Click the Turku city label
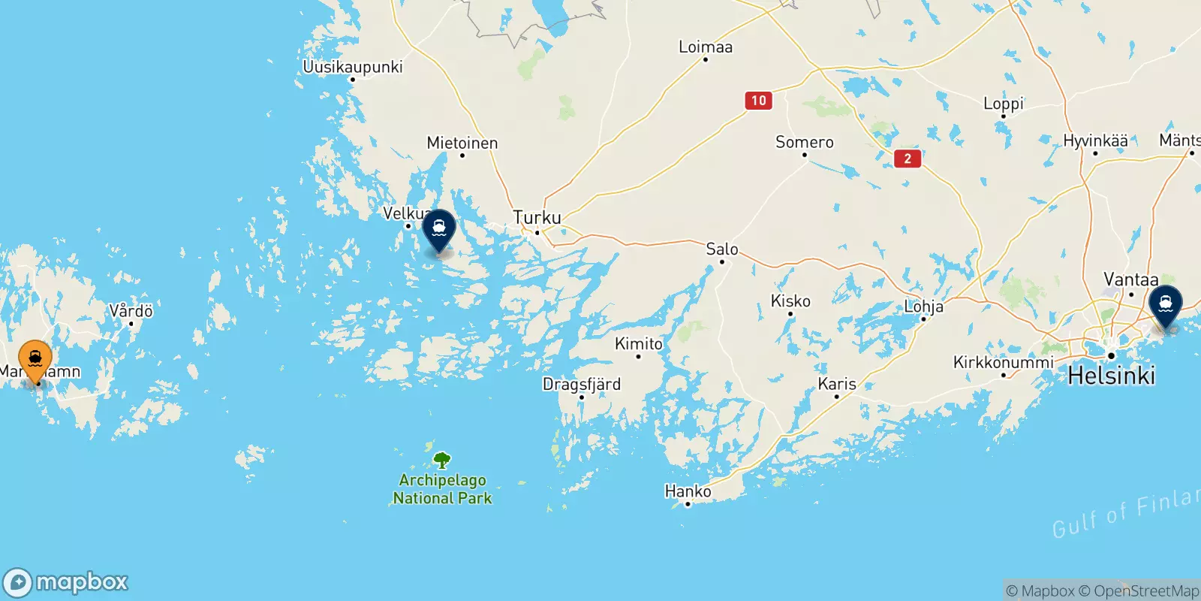(x=537, y=218)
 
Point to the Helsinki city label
(x=1111, y=375)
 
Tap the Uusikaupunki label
(x=352, y=67)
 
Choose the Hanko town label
(x=688, y=491)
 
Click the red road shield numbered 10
(x=759, y=101)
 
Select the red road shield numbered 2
(x=908, y=158)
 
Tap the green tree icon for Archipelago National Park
(x=442, y=460)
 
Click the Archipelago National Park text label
(x=442, y=489)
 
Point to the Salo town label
(x=722, y=249)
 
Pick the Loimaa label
(x=705, y=47)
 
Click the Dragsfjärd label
(x=582, y=385)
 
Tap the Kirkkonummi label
(x=1003, y=362)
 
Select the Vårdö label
(x=131, y=311)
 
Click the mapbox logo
(x=66, y=582)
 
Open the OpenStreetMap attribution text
(x=1139, y=591)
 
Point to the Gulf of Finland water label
(x=1126, y=515)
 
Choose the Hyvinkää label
(x=1095, y=141)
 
